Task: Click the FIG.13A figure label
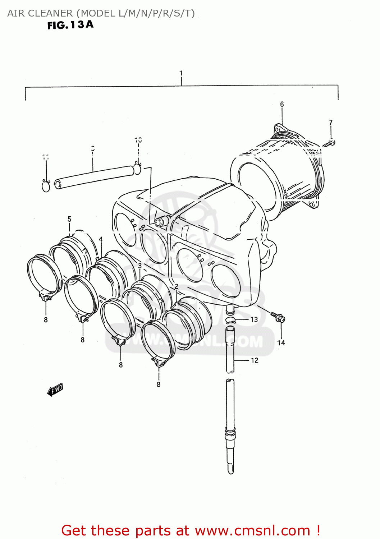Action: (70, 25)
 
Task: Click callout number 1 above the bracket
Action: (181, 73)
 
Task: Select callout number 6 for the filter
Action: (282, 104)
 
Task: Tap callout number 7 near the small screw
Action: (331, 123)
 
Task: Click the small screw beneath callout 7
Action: (329, 144)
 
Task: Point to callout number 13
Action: (254, 319)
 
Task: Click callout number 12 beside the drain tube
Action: (255, 360)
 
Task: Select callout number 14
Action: (281, 343)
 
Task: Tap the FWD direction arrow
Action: (55, 390)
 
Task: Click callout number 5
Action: (69, 219)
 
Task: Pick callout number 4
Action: (101, 239)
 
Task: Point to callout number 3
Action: (139, 266)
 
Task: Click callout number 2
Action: (177, 286)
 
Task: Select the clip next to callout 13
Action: (230, 320)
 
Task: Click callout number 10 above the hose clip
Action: (138, 140)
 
